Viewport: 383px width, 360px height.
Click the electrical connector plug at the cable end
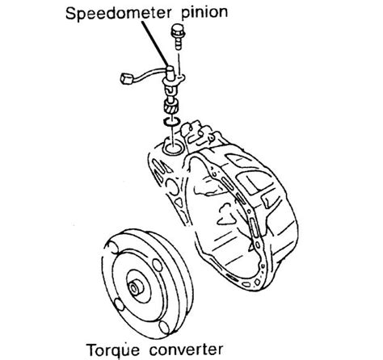pyautogui.click(x=125, y=78)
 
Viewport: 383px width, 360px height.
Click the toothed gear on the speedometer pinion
pyautogui.click(x=170, y=107)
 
